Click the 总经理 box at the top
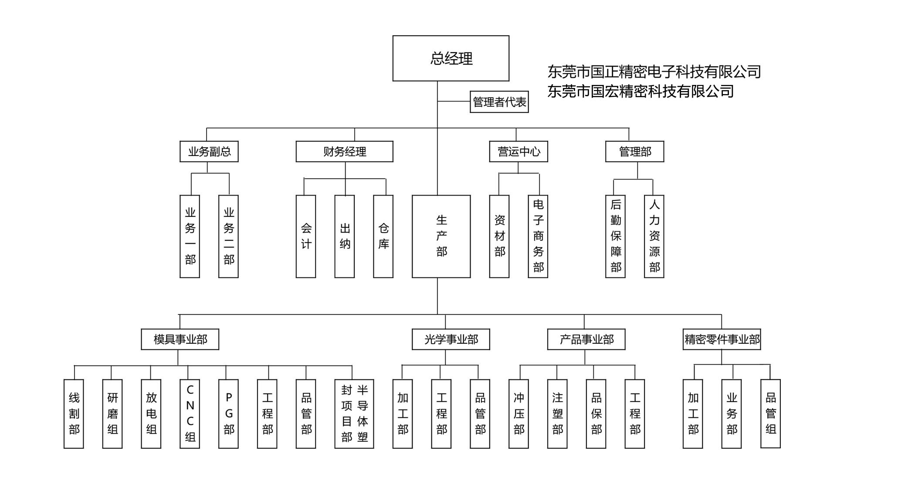(x=451, y=58)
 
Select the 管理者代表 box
(x=499, y=102)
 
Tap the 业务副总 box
(x=209, y=152)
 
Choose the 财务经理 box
(x=344, y=152)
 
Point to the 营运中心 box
(x=518, y=152)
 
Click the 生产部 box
(x=441, y=236)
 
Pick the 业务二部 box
(x=228, y=236)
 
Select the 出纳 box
(x=344, y=236)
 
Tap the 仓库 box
(x=383, y=236)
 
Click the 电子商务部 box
(x=538, y=236)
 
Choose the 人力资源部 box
(x=654, y=236)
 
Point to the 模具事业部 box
(x=180, y=339)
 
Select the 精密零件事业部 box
(x=722, y=339)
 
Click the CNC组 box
(x=190, y=413)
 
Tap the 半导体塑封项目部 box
(x=354, y=413)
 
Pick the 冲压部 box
(x=518, y=413)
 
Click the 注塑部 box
(x=557, y=413)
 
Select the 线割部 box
(x=74, y=413)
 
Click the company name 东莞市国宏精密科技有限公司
(x=640, y=91)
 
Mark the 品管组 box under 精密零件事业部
(x=770, y=413)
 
